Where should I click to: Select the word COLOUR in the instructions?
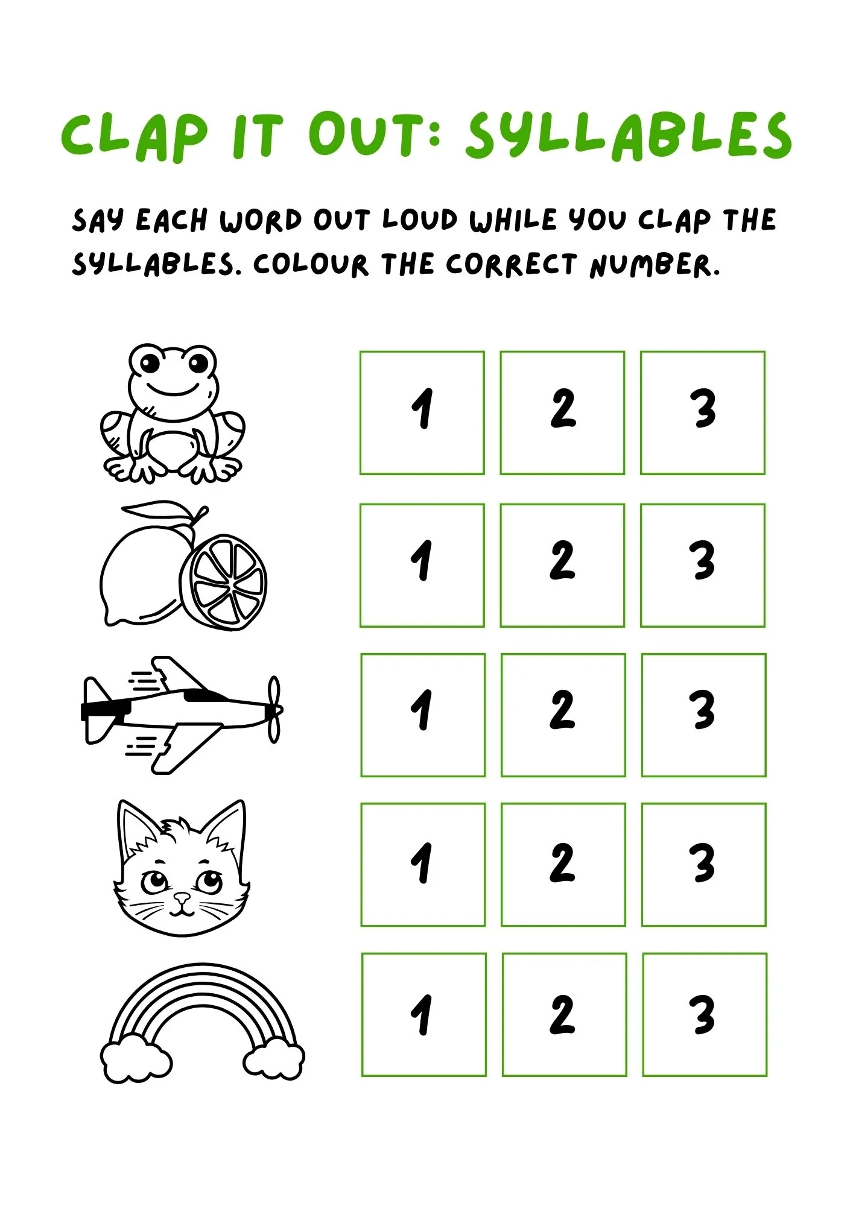[310, 265]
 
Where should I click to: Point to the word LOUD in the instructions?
[420, 220]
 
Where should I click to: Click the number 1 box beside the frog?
[422, 413]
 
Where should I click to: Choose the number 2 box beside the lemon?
[562, 566]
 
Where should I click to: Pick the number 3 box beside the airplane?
[704, 715]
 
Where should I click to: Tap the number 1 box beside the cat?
[423, 865]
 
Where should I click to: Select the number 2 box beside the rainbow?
[564, 1015]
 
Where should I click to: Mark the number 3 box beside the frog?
[703, 413]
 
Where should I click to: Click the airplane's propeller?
[274, 709]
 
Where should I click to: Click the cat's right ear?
[226, 826]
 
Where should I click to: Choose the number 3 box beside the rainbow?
[705, 1015]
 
